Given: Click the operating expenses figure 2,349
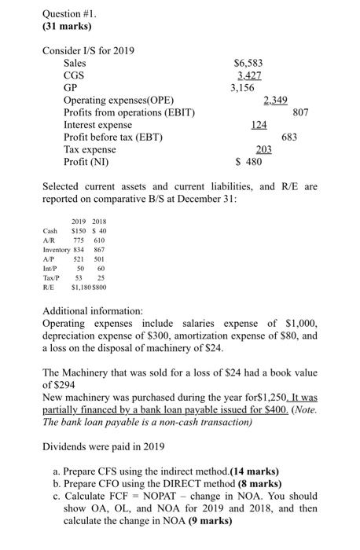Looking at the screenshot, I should click(277, 100).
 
